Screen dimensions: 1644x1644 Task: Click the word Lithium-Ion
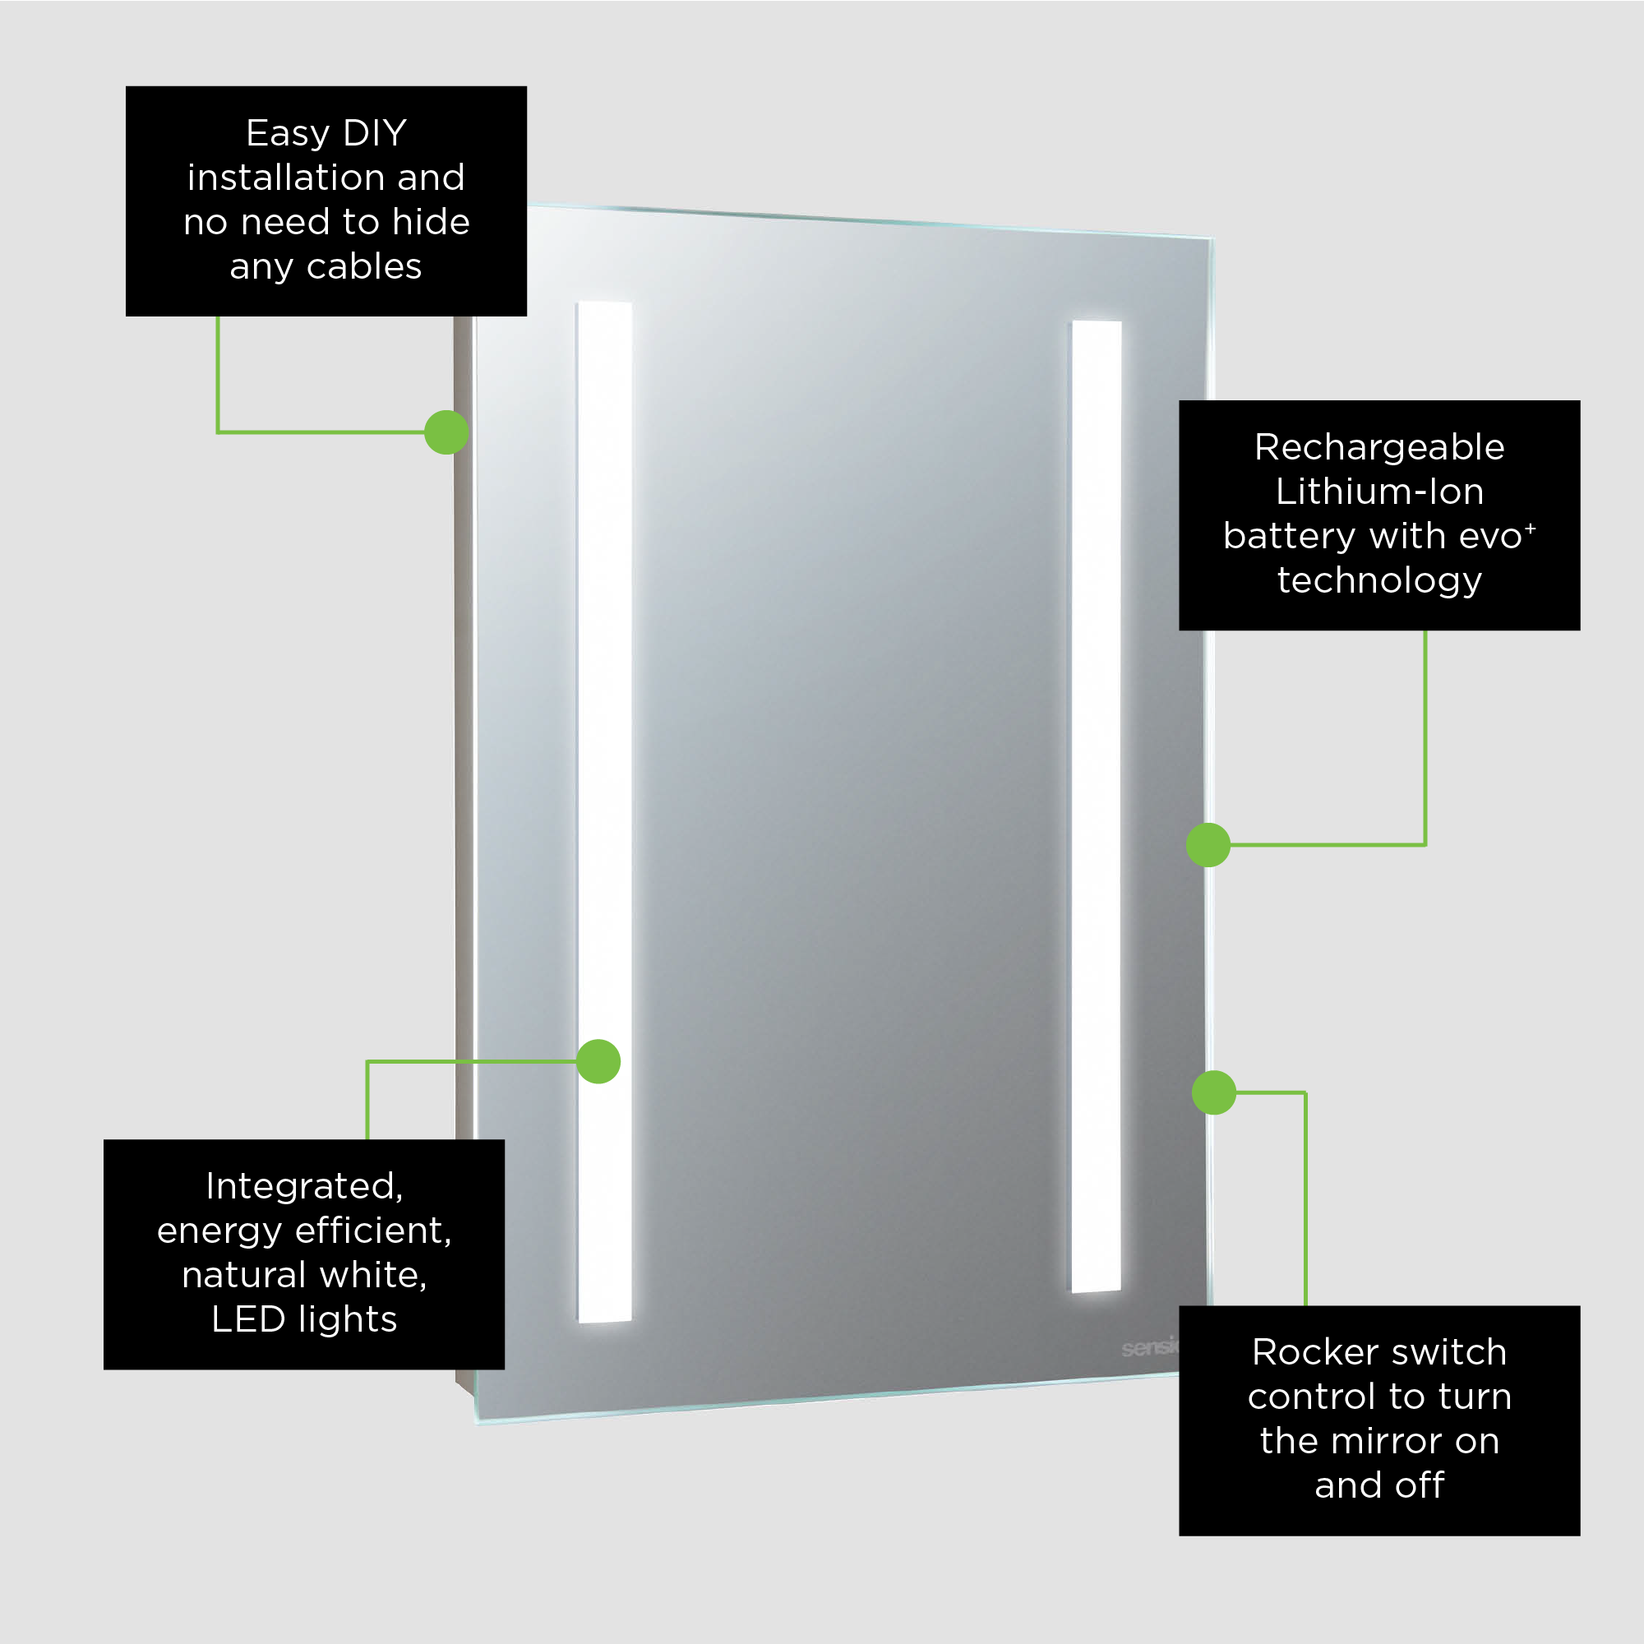(1379, 492)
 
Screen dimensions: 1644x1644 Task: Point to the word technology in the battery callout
(1379, 580)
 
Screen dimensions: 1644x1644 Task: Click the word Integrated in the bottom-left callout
(304, 1187)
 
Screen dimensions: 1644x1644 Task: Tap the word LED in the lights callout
(247, 1320)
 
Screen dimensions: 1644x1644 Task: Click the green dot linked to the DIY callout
(446, 432)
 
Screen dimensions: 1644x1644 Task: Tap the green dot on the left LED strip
(598, 1062)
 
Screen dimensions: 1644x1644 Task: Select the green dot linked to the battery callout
(1208, 845)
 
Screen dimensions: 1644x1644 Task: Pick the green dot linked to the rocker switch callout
(1214, 1092)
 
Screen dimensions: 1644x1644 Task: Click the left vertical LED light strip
(605, 766)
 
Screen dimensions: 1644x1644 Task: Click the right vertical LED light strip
(1097, 766)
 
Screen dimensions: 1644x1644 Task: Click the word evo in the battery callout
(1489, 536)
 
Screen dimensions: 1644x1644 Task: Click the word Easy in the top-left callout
(287, 134)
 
